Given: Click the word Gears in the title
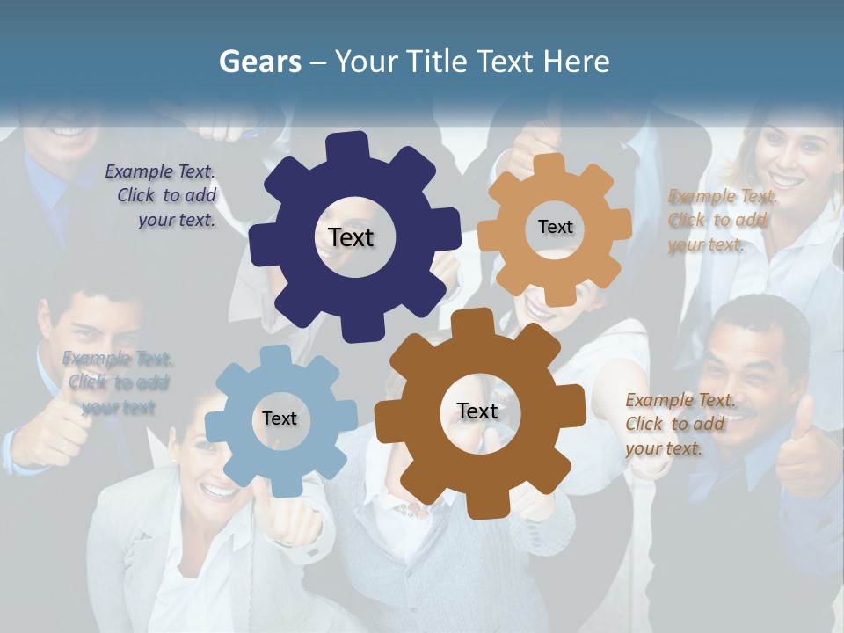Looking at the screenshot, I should pos(257,62).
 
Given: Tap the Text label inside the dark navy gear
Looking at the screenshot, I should pos(351,237).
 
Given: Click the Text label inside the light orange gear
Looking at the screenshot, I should pos(555,227).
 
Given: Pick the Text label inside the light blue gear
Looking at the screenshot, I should pos(280,418).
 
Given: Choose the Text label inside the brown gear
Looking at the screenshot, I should pos(477,411).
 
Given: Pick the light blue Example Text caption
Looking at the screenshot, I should pos(118,382).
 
